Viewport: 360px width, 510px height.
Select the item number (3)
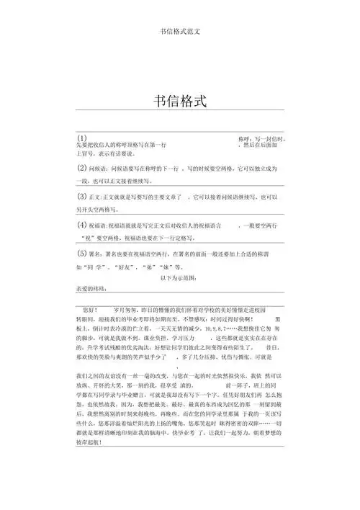tap(83, 196)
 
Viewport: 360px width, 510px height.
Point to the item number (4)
tap(83, 225)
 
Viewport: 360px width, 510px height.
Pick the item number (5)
tap(83, 254)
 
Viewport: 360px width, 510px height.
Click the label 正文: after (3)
tap(98, 197)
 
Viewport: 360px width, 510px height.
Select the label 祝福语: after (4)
tap(100, 225)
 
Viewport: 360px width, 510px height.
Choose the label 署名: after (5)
tap(98, 255)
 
